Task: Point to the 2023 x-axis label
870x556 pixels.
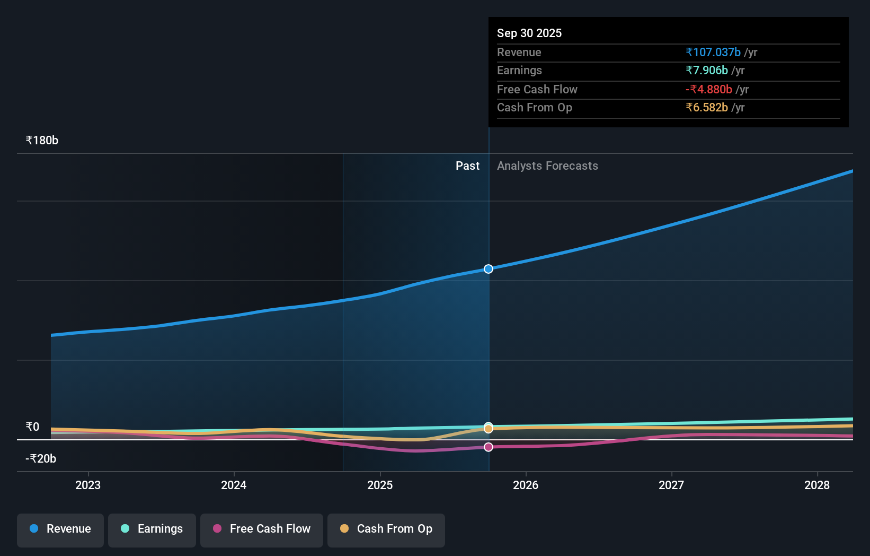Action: point(88,485)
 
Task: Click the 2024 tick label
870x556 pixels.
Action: point(234,485)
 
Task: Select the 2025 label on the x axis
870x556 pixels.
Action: point(380,485)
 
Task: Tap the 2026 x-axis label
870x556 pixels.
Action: point(526,485)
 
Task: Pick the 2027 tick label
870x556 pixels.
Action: point(671,485)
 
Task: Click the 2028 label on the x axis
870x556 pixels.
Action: point(817,485)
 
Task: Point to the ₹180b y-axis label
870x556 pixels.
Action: point(42,141)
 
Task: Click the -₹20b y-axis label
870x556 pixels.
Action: point(41,459)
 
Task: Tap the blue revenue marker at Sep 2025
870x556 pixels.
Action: point(489,269)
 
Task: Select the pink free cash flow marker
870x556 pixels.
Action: point(489,447)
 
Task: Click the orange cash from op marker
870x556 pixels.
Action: point(489,429)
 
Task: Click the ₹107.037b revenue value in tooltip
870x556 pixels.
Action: point(713,53)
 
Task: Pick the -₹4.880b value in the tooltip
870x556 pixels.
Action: point(709,90)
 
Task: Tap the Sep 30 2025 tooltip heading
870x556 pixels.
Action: point(529,33)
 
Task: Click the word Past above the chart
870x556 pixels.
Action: point(468,166)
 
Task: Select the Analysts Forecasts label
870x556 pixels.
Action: point(548,166)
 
